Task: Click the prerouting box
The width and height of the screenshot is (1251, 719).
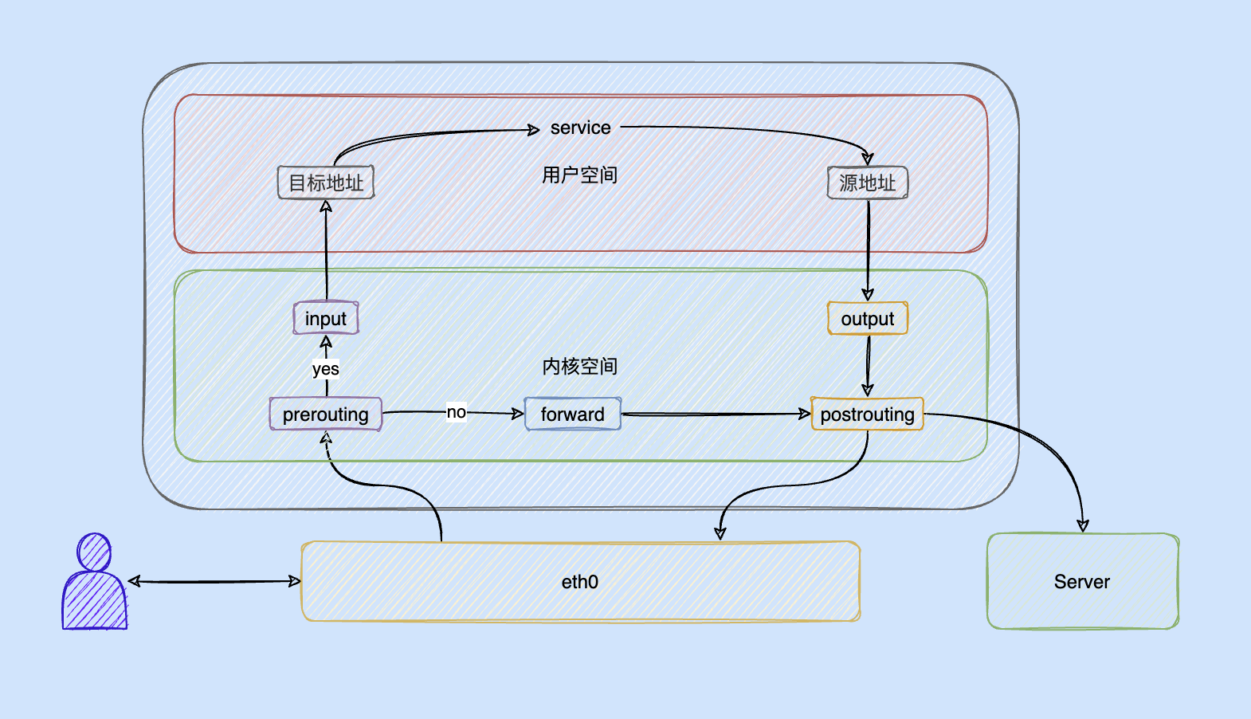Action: [326, 414]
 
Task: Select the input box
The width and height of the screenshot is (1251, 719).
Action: [326, 318]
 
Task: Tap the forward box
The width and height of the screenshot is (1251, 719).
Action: [572, 414]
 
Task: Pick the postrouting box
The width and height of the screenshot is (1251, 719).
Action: [867, 414]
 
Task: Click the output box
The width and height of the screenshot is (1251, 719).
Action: [867, 318]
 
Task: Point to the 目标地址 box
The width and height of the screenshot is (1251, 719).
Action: [326, 182]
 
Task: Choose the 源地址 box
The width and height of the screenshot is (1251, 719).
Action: [867, 182]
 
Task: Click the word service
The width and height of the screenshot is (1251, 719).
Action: [580, 128]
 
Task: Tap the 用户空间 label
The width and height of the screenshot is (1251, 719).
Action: [580, 175]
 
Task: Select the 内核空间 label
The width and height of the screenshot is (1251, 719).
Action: [580, 367]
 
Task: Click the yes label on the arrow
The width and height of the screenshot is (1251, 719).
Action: [326, 369]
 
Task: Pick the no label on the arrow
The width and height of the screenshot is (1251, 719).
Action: [457, 412]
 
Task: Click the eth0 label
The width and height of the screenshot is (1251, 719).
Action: [580, 582]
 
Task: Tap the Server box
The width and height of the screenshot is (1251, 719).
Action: [1083, 582]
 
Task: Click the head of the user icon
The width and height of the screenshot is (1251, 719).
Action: [94, 552]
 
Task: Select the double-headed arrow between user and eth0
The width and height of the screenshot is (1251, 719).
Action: [214, 582]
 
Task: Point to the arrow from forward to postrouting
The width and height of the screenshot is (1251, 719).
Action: [716, 414]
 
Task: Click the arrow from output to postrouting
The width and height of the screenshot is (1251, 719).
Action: [867, 366]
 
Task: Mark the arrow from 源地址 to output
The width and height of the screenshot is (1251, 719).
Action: [868, 250]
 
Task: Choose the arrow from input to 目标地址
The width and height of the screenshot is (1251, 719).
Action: [326, 250]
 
